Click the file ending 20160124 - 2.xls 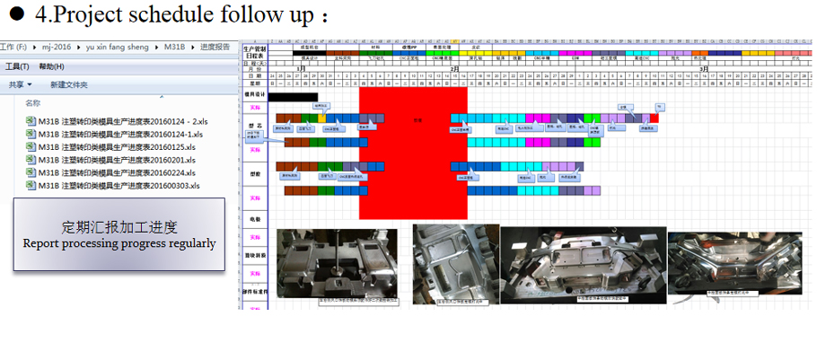tap(121, 121)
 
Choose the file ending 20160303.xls tap(121, 186)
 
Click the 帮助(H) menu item tap(52, 66)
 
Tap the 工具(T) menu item tap(17, 66)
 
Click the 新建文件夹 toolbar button tap(69, 84)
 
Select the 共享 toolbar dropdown tap(18, 84)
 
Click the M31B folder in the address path tap(175, 47)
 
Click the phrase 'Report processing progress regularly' tap(119, 243)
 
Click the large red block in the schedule tap(413, 153)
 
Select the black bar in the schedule tap(293, 96)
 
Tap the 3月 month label tap(704, 69)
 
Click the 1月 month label tap(301, 69)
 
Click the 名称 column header tap(32, 103)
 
